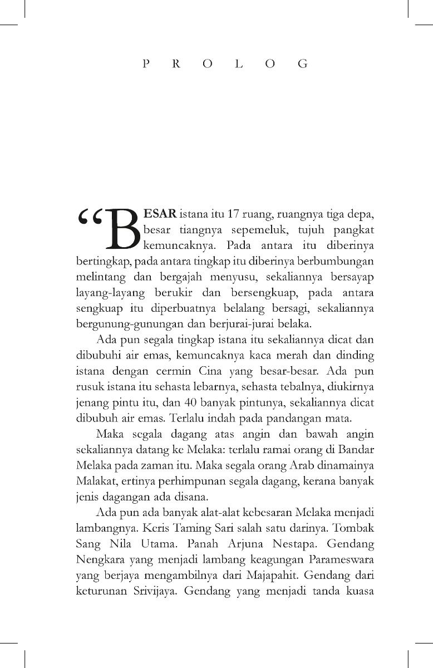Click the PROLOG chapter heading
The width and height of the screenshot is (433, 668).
225,63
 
